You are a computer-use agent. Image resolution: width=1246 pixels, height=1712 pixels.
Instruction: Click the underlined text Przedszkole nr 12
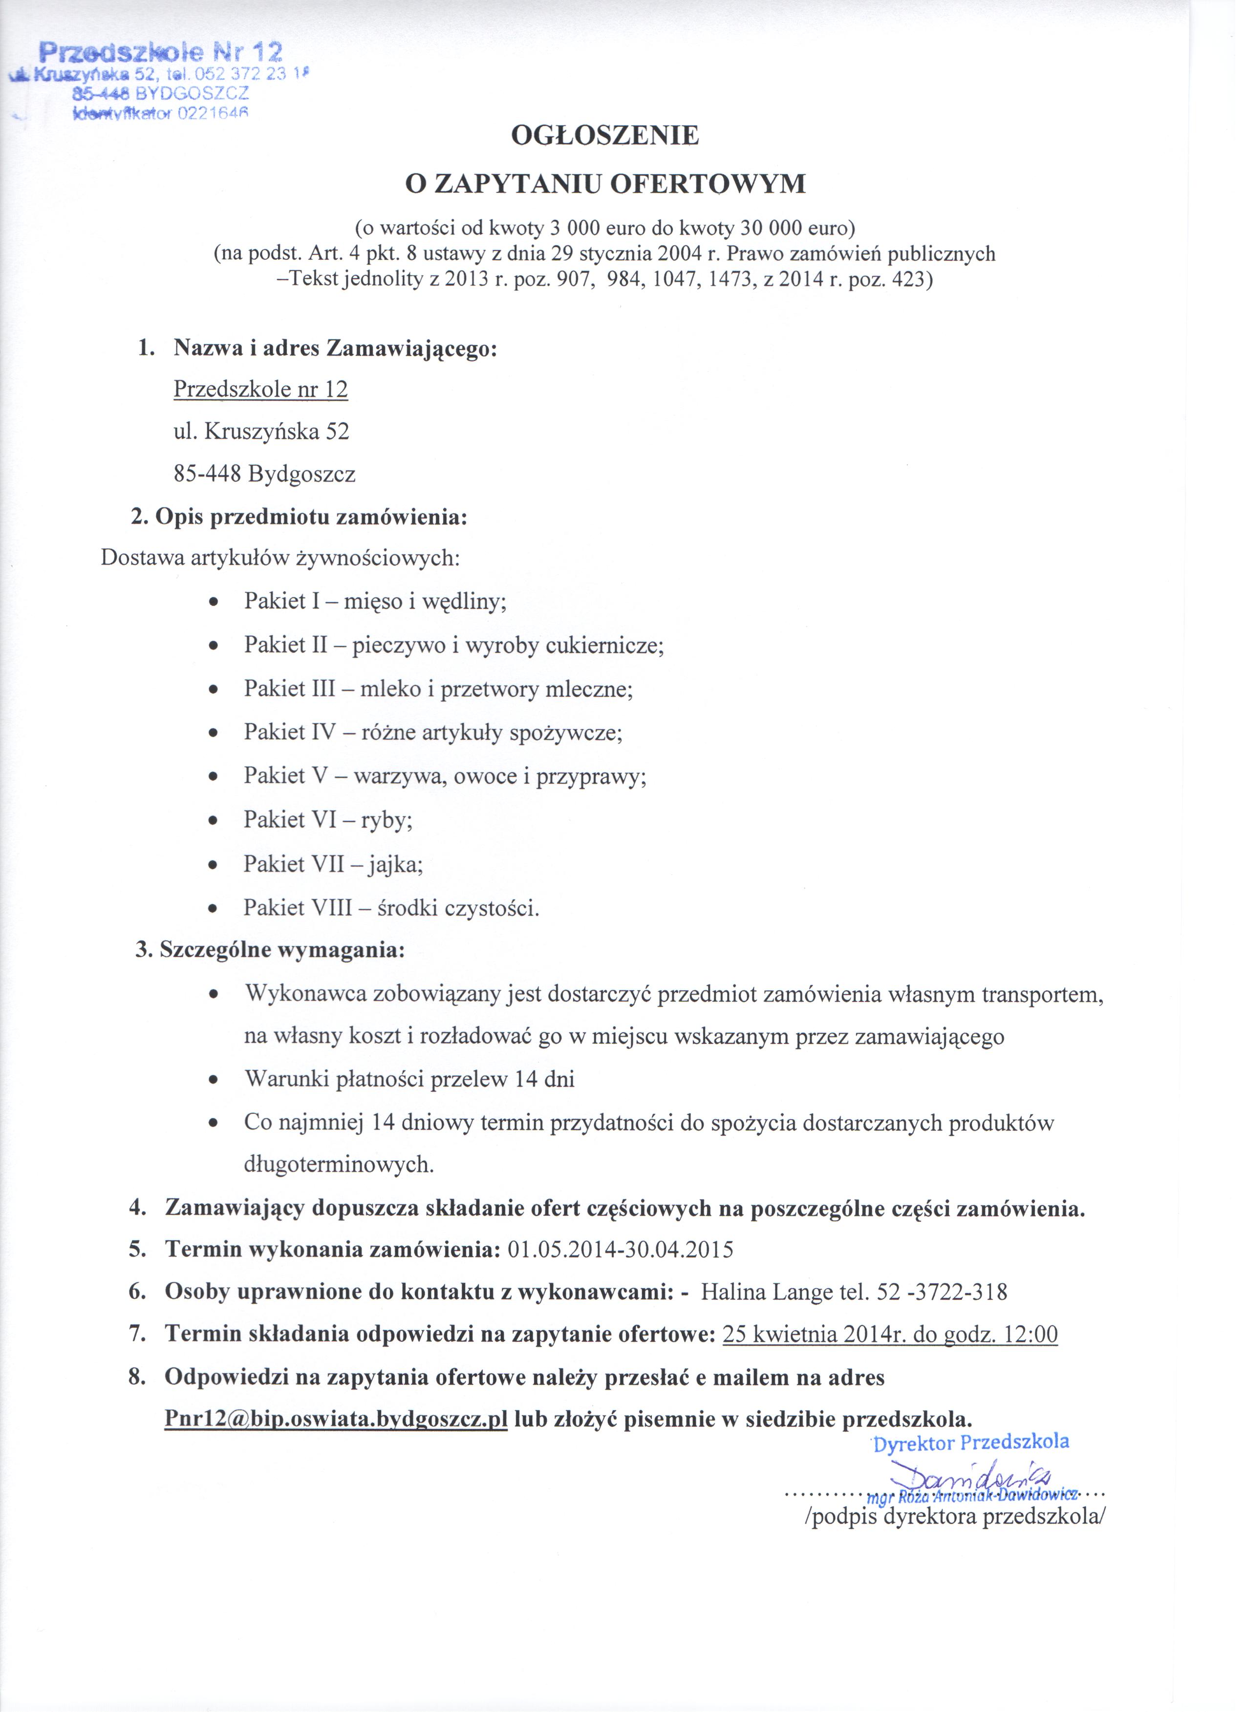pyautogui.click(x=262, y=392)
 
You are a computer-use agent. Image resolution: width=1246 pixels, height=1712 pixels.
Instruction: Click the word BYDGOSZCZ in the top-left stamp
pyautogui.click(x=193, y=94)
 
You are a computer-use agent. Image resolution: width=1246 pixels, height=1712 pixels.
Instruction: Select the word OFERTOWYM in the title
pyautogui.click(x=713, y=185)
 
